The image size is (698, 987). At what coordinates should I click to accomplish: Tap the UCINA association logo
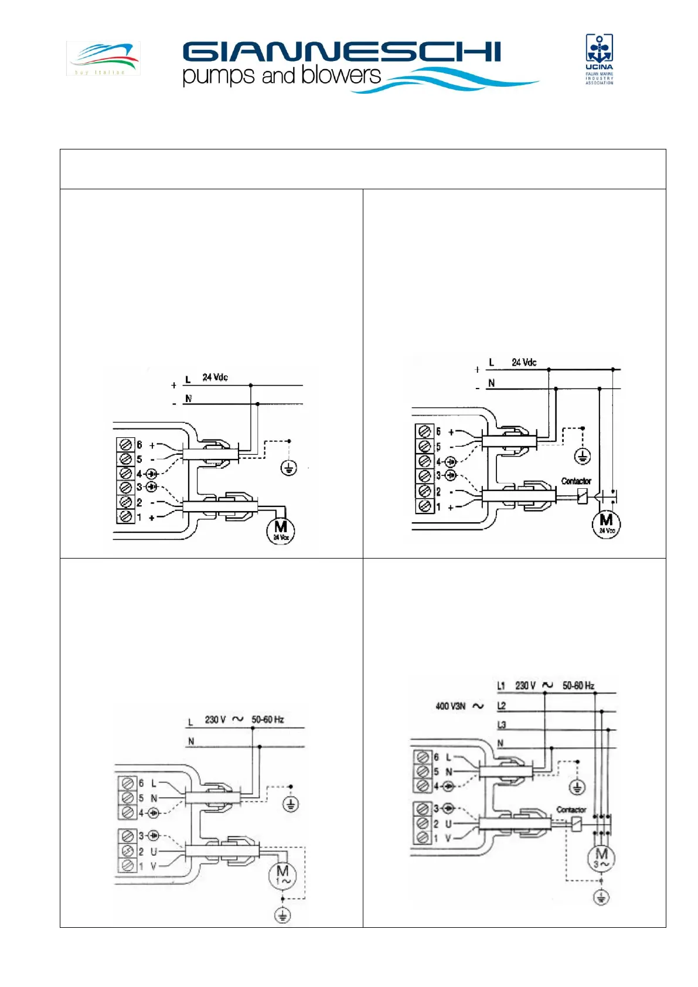point(599,59)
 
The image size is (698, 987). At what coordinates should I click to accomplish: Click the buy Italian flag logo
point(103,58)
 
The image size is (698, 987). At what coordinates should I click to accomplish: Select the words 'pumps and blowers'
point(282,76)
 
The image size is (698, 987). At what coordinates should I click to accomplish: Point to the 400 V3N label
point(450,706)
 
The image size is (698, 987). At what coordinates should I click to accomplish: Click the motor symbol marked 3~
point(601,857)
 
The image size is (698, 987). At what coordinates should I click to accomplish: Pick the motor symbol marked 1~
point(282,876)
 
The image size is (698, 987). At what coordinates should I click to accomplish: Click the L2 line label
point(501,706)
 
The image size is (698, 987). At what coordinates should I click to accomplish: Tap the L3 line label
point(501,725)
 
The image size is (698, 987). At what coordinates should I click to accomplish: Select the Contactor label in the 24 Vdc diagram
point(576,481)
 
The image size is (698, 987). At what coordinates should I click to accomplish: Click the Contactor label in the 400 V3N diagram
point(571,809)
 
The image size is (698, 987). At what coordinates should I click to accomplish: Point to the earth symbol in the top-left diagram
point(289,467)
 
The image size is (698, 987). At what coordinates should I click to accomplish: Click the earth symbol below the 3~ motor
point(601,897)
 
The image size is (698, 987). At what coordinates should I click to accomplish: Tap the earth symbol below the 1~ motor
point(282,915)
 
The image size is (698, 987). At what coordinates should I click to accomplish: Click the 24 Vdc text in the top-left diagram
point(215,377)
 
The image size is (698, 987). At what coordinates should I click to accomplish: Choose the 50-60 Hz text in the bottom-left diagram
point(268,719)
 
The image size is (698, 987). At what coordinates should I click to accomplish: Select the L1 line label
point(501,686)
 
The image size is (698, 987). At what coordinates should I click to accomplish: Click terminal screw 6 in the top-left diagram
point(125,445)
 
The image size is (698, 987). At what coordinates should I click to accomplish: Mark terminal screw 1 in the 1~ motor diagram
point(128,866)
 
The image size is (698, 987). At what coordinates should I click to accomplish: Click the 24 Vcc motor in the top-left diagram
point(281,530)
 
